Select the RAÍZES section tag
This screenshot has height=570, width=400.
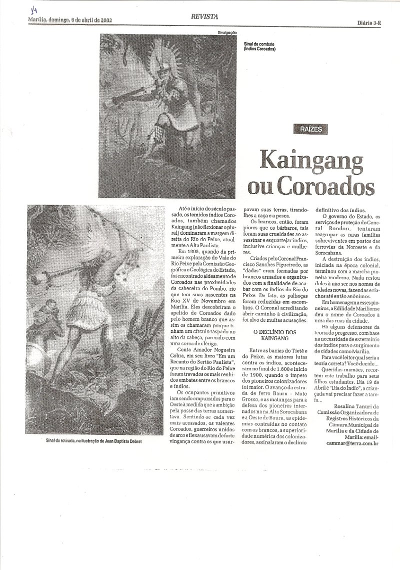click(311, 129)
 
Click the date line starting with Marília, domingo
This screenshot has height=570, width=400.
click(69, 21)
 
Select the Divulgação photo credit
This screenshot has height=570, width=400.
click(226, 32)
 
